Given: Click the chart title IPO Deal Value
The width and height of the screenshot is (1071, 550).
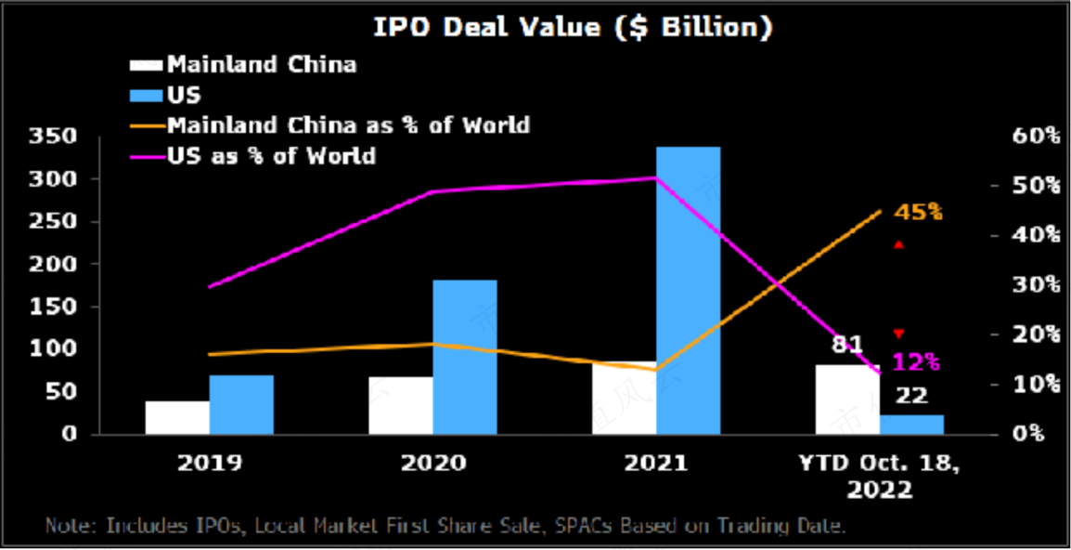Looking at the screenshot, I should pyautogui.click(x=573, y=28).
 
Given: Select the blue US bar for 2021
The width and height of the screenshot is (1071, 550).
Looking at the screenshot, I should pyautogui.click(x=688, y=290).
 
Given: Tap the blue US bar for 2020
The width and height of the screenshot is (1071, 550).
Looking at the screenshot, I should pyautogui.click(x=464, y=357).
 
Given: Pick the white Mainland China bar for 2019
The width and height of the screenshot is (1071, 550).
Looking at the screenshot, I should pyautogui.click(x=177, y=417).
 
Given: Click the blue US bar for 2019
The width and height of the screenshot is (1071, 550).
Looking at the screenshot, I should pyautogui.click(x=241, y=404).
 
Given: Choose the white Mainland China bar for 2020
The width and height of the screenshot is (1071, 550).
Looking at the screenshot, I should pyautogui.click(x=400, y=405).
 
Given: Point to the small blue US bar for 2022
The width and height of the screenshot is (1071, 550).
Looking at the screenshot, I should pyautogui.click(x=911, y=424).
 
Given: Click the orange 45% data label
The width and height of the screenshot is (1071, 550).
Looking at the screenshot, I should pyautogui.click(x=918, y=213).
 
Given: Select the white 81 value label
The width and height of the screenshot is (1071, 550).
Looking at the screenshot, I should pyautogui.click(x=846, y=346).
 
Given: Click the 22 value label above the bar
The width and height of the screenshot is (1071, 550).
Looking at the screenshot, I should pyautogui.click(x=912, y=396).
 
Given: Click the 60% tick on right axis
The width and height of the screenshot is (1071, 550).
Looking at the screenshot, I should pyautogui.click(x=1032, y=137).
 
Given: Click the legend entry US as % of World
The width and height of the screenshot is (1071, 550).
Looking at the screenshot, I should pyautogui.click(x=271, y=155).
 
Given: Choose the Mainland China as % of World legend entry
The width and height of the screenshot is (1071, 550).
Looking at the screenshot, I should pyautogui.click(x=348, y=124).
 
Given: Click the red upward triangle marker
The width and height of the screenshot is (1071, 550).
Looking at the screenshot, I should pyautogui.click(x=898, y=244).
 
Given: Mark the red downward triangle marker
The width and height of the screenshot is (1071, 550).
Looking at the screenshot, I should pyautogui.click(x=898, y=334).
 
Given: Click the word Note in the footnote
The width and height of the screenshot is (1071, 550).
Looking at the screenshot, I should pyautogui.click(x=71, y=526).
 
